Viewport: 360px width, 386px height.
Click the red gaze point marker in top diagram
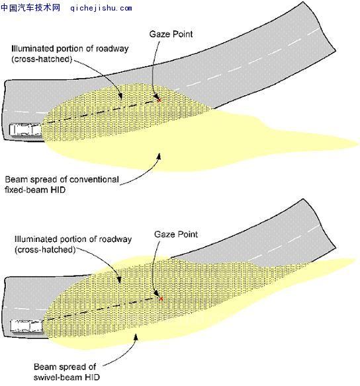coord(159,100)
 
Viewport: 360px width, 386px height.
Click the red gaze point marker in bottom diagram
coord(161,299)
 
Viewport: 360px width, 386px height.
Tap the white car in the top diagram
coord(26,130)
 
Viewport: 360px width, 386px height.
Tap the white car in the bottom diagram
coord(27,326)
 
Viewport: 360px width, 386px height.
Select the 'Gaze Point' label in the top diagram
coord(171,34)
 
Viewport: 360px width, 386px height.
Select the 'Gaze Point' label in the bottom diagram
coord(175,234)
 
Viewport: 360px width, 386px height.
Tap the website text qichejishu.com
coord(101,8)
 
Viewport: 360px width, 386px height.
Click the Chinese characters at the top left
coord(30,8)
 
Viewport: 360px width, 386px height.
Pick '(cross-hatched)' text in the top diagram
coord(42,59)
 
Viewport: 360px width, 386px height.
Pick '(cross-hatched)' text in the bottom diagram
coord(45,250)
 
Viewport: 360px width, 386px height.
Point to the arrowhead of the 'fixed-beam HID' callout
coord(159,157)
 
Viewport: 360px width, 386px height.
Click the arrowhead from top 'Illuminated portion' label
coord(120,96)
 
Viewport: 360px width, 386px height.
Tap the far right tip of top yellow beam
coord(359,144)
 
